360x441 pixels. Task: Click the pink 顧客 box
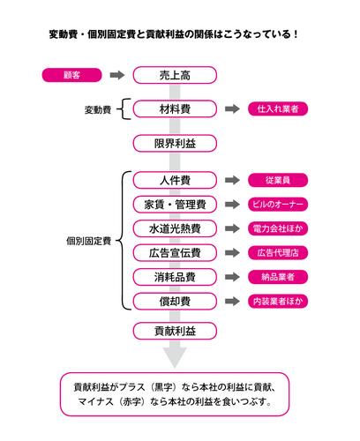(72, 75)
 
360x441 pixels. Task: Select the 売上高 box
(175, 75)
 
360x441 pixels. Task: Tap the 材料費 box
(175, 109)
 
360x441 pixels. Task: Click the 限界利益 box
(175, 144)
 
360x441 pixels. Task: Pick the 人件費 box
(175, 180)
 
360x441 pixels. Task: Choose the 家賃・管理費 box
(175, 205)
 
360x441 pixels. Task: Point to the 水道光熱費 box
(175, 228)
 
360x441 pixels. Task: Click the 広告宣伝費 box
(175, 253)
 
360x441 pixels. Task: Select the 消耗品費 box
(175, 277)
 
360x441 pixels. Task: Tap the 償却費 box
(175, 302)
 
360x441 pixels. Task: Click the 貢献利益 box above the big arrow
(175, 331)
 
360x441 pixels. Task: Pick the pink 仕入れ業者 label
(278, 109)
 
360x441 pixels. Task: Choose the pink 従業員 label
(278, 180)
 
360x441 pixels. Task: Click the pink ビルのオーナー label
(278, 205)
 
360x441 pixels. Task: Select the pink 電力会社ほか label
(278, 228)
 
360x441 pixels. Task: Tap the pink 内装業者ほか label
(278, 302)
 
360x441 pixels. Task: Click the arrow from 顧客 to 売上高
(117, 75)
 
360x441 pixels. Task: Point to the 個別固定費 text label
(89, 241)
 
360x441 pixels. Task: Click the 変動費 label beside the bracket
(98, 110)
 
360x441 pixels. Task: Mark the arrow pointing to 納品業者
(232, 277)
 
